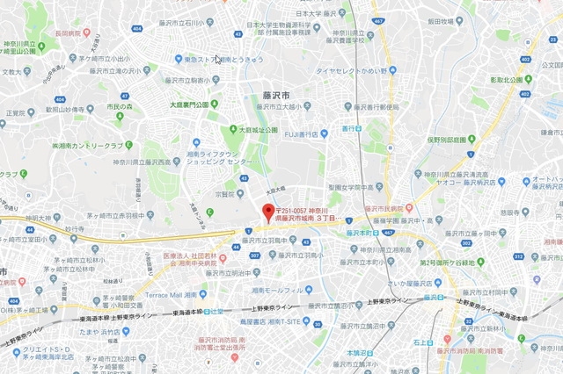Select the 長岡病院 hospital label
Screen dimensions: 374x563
(65, 32)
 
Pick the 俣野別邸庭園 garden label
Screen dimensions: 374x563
(453, 139)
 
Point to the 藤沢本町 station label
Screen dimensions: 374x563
(362, 234)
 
